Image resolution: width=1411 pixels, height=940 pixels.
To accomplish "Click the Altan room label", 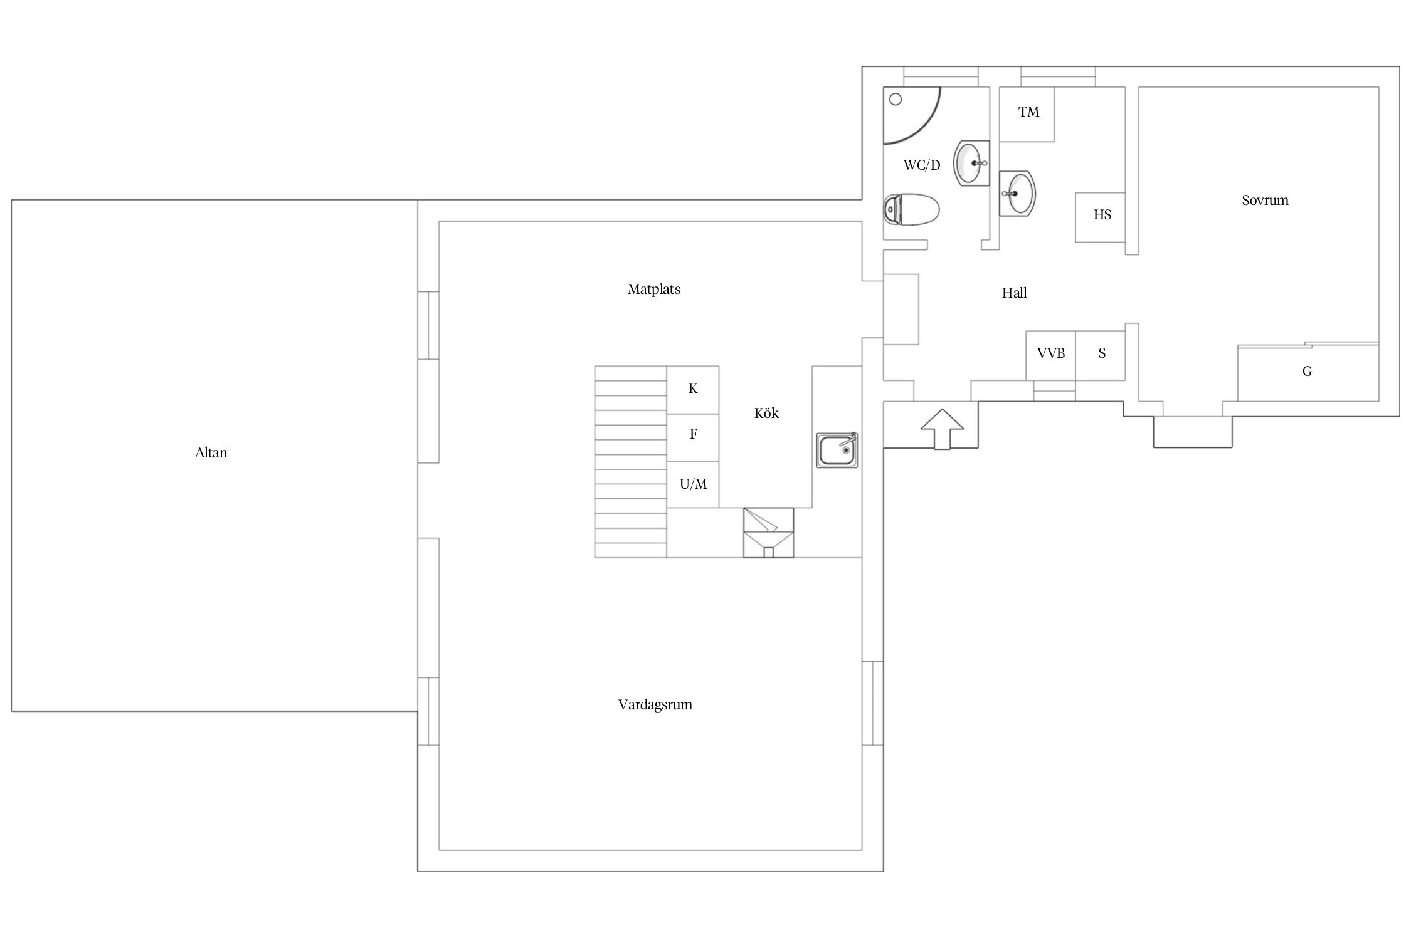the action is pyautogui.click(x=211, y=452).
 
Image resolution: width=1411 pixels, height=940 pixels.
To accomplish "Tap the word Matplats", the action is pyautogui.click(x=654, y=289).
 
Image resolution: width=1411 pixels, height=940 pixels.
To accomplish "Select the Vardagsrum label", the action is pyautogui.click(x=655, y=704).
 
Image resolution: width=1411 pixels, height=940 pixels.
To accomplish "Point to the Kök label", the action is pyautogui.click(x=766, y=413).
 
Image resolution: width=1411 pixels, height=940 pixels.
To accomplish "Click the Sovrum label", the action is pyautogui.click(x=1265, y=200).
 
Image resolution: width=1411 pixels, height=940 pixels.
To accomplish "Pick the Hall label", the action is pyautogui.click(x=1014, y=293).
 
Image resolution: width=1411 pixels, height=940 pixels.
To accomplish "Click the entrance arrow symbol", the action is pyautogui.click(x=942, y=429).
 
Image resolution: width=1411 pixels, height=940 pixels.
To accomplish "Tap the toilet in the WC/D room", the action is pyautogui.click(x=911, y=209).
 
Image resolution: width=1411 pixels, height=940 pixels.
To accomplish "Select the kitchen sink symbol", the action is pyautogui.click(x=837, y=450).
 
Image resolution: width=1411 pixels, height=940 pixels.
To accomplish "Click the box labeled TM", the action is pyautogui.click(x=1027, y=115).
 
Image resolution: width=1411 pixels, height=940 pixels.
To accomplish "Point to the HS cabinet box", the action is pyautogui.click(x=1100, y=217).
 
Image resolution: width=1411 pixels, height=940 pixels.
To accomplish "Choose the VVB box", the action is pyautogui.click(x=1051, y=355).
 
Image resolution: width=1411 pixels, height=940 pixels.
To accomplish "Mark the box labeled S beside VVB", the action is pyautogui.click(x=1101, y=355).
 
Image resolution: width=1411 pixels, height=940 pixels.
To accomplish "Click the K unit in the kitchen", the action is pyautogui.click(x=693, y=390).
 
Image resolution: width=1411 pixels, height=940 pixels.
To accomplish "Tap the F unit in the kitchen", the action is pyautogui.click(x=693, y=438).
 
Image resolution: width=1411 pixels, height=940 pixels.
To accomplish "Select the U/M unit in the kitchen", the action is pyautogui.click(x=693, y=485).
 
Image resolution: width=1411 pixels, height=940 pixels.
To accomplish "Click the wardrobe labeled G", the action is pyautogui.click(x=1308, y=372).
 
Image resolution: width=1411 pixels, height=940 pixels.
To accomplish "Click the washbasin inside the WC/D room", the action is pyautogui.click(x=971, y=163).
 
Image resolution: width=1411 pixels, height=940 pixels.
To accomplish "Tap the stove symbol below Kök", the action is pyautogui.click(x=769, y=533).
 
